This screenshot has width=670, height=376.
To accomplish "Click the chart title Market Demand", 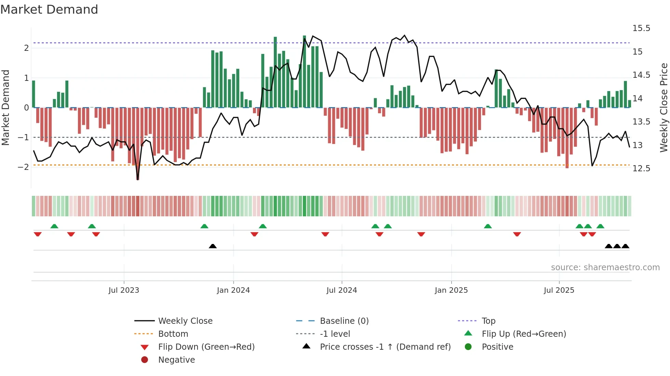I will [49, 10].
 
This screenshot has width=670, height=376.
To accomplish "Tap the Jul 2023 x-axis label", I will [124, 290].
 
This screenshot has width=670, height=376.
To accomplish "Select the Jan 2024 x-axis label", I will [233, 290].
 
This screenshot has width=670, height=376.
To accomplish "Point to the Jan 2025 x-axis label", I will [451, 290].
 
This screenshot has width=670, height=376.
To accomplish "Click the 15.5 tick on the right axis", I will [641, 28].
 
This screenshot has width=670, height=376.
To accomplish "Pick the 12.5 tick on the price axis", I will [641, 169].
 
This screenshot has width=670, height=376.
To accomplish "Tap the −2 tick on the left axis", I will [23, 167].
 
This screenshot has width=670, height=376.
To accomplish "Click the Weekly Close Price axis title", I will [664, 107].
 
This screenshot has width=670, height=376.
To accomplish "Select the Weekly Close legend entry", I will [185, 321].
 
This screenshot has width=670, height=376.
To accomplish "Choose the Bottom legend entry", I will [173, 334].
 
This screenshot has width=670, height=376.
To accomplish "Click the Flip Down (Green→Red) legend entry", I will [206, 347].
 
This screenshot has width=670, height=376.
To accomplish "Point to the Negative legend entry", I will [176, 360].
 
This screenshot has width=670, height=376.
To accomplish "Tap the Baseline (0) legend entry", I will [344, 321].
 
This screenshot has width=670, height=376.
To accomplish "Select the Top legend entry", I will [488, 321].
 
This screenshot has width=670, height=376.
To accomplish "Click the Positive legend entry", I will [497, 347].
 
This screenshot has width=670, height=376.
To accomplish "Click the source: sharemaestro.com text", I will [605, 267].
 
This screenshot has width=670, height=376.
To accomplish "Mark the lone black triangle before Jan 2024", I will [213, 246].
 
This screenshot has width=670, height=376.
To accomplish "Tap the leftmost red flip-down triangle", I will [38, 234].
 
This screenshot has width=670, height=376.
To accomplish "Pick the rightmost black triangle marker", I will [625, 246].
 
